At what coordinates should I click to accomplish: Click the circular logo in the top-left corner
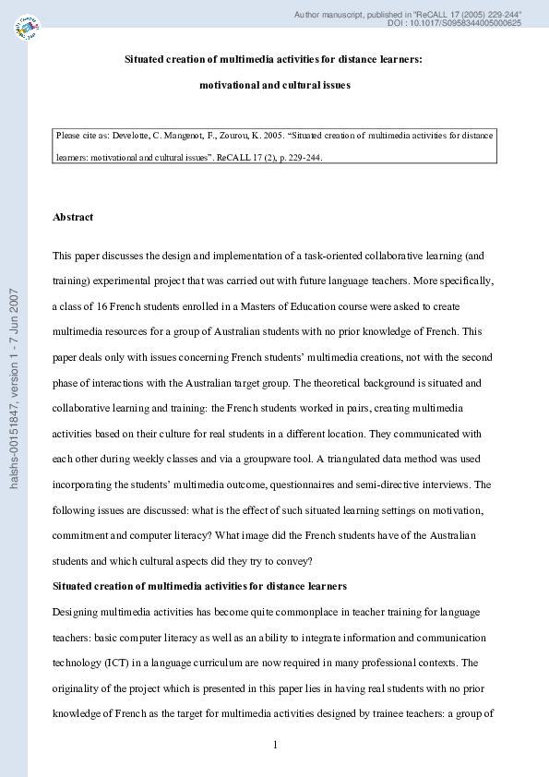click(29, 29)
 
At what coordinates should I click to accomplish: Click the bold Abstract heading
click(73, 217)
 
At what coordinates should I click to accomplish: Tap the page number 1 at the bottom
click(275, 745)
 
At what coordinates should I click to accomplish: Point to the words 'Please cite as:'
click(81, 135)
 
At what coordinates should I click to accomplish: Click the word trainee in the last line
click(400, 713)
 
